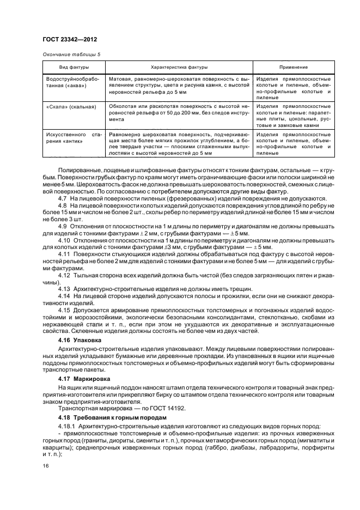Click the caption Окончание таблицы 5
click(x=71, y=54)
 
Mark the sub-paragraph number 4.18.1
click(x=66, y=426)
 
